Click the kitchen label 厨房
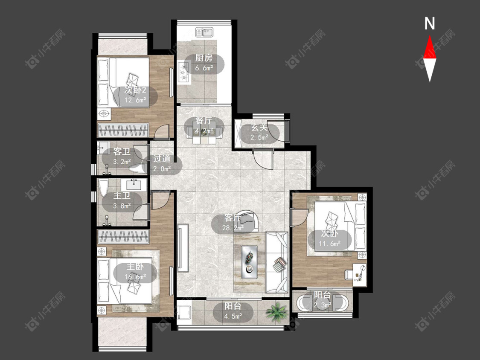tap(204, 58)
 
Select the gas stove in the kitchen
tap(183, 73)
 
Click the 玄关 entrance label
tap(259, 127)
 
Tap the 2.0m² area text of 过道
tap(162, 168)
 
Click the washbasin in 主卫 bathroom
tap(134, 185)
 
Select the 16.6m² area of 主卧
tap(135, 277)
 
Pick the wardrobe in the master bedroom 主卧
tap(123, 237)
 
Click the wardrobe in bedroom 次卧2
tap(123, 130)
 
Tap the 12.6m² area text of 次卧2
tap(135, 100)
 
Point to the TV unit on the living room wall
tap(183, 248)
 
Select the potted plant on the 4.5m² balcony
tap(277, 311)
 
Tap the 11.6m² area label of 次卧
tap(330, 244)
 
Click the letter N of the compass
tap(430, 23)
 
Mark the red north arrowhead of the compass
tap(430, 47)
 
